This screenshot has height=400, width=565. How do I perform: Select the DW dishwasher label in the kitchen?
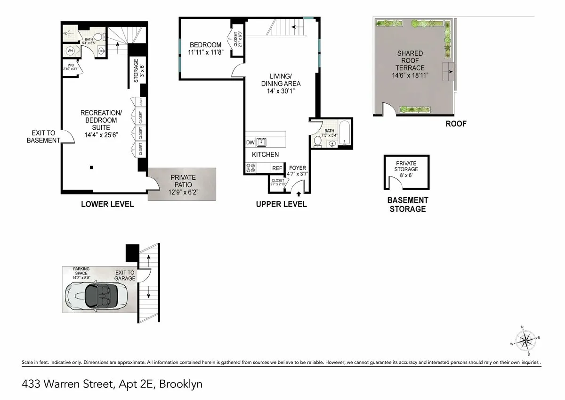coord(250,142)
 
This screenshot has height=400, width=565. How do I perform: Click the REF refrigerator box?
coord(277,168)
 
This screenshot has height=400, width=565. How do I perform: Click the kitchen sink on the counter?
coord(260,142)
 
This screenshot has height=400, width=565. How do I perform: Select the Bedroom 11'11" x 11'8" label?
coord(205,48)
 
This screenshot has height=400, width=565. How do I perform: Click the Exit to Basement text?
coord(43,137)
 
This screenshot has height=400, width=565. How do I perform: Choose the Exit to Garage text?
coord(125,275)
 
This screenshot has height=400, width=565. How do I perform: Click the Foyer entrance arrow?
coord(298,189)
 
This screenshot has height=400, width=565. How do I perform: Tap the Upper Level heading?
coord(281,204)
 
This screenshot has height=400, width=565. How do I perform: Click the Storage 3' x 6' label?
coord(136,71)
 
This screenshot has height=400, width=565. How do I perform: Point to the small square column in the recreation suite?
coord(92,167)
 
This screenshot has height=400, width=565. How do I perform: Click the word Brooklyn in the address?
coord(181,384)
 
